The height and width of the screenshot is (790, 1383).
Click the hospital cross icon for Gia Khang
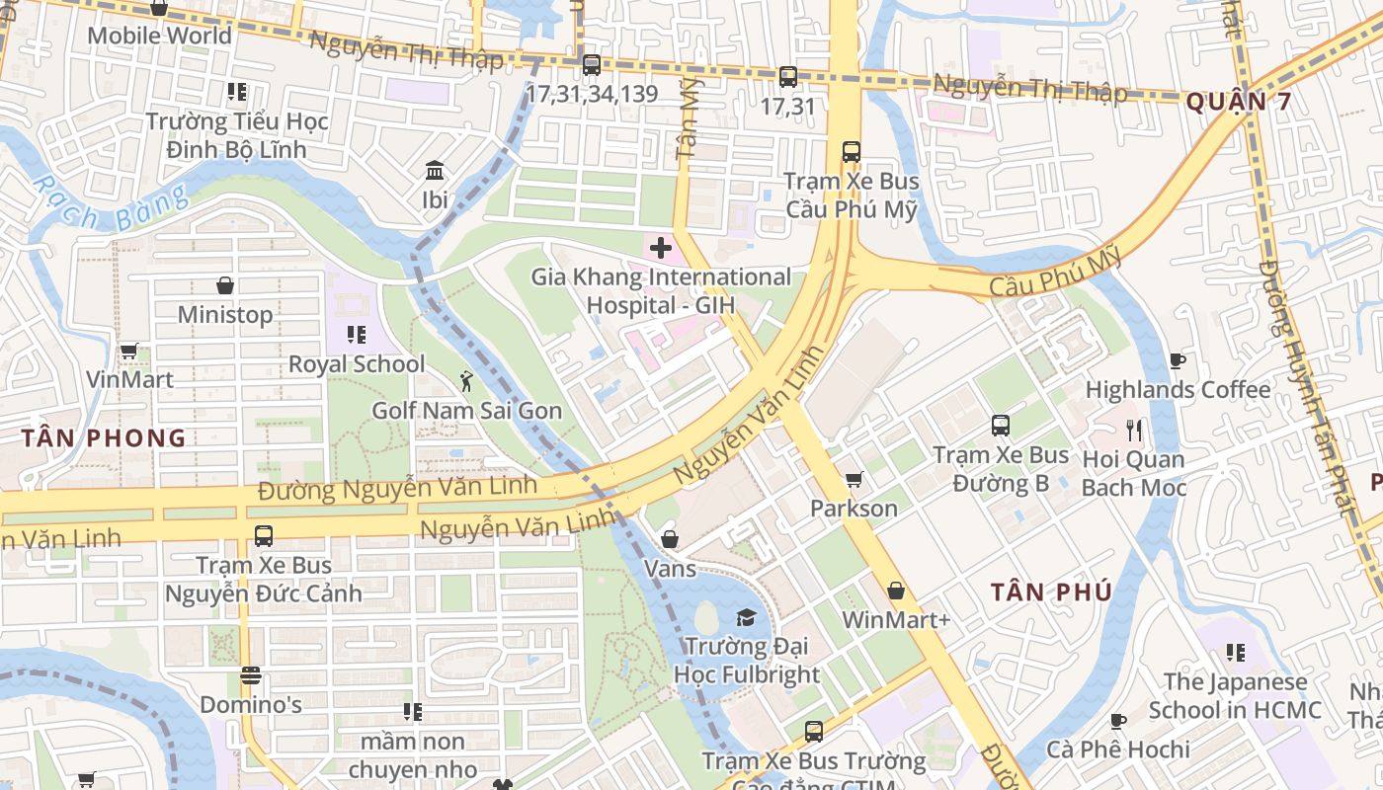click(x=661, y=247)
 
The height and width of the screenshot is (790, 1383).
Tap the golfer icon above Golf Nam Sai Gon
click(x=466, y=380)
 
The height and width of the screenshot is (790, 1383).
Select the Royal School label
click(x=357, y=364)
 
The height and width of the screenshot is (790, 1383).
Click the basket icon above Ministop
click(x=225, y=285)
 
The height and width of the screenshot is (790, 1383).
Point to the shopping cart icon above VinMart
click(x=128, y=351)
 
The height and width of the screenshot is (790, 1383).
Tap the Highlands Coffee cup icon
click(x=1177, y=360)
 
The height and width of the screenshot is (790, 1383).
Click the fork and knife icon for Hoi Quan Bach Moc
click(x=1134, y=430)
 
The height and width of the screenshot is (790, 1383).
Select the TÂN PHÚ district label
click(x=1051, y=592)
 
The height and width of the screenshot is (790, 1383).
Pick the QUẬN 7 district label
click(x=1238, y=101)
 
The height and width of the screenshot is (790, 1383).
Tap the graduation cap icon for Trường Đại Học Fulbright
click(x=745, y=618)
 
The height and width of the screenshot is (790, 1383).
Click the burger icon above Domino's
click(x=251, y=675)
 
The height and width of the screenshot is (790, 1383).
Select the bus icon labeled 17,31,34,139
click(x=592, y=65)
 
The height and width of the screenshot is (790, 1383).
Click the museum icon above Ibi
click(x=435, y=171)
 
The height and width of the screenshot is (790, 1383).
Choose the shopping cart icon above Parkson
click(x=854, y=480)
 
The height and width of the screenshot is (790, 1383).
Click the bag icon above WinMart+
click(x=896, y=591)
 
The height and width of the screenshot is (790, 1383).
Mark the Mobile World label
click(x=160, y=36)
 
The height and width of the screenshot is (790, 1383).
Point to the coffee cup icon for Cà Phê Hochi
click(x=1118, y=721)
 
